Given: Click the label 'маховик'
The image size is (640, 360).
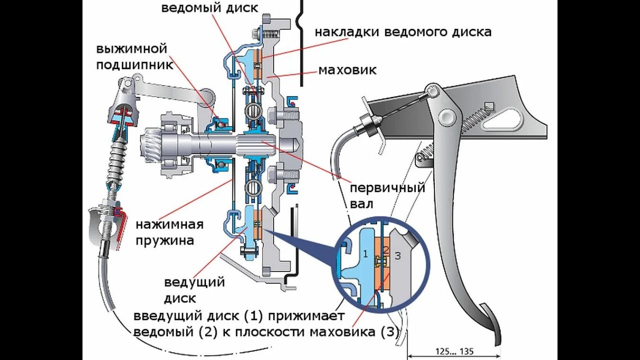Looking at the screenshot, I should coord(347,69).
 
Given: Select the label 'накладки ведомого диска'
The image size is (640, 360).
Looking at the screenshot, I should coord(403,32).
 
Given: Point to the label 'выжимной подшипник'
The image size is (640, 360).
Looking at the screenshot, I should coord(131,57).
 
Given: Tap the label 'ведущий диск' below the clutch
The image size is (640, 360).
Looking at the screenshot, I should coord(194,290).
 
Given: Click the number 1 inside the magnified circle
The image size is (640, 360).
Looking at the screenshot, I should coord(365,254).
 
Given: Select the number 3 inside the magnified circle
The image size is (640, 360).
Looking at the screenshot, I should coord(397,256).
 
